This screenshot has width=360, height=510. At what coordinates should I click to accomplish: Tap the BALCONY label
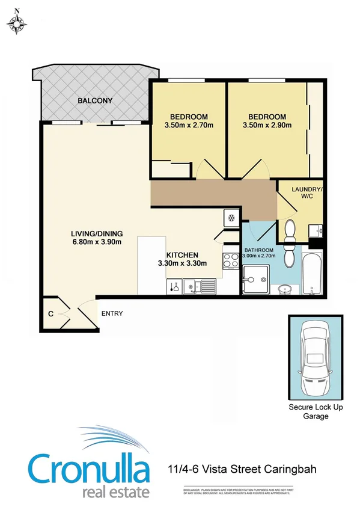[x=95, y=100]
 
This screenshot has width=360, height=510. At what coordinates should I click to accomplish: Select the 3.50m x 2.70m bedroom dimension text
[x=189, y=125]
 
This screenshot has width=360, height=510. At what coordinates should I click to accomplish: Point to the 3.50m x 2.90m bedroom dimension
[x=266, y=125]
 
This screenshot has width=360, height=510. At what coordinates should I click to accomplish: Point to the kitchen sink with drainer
[x=201, y=287]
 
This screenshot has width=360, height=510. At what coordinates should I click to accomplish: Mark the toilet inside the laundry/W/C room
[x=289, y=230]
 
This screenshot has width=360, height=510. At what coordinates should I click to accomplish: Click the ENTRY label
[x=112, y=313]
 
